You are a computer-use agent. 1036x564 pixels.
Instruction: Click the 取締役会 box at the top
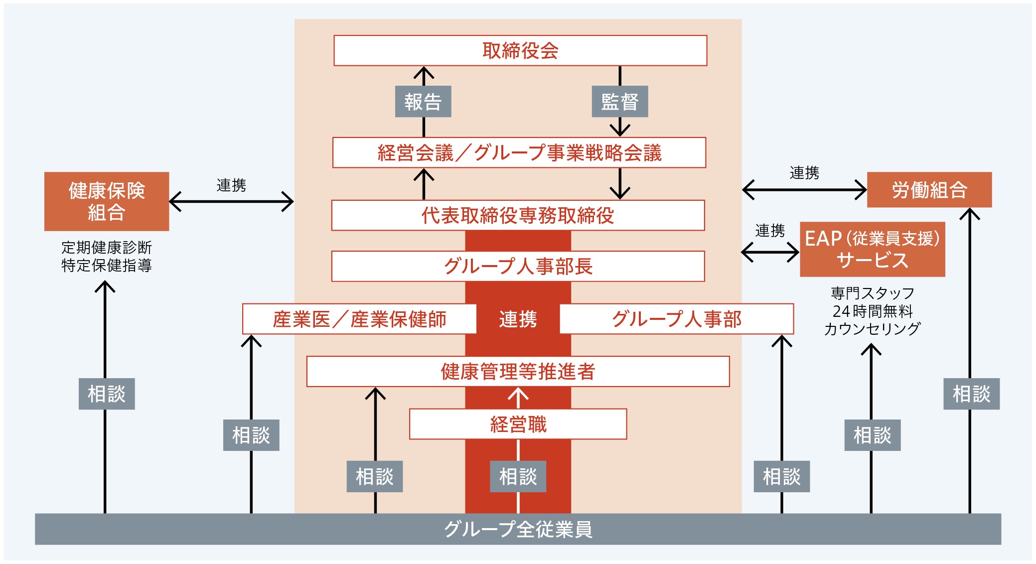point(520,50)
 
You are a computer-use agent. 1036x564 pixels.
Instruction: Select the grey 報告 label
point(423,102)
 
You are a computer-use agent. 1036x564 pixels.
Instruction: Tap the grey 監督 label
point(619,102)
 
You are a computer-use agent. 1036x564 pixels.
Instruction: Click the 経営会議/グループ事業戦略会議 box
point(519,152)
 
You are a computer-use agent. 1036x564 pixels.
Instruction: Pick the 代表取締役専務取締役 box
point(518,215)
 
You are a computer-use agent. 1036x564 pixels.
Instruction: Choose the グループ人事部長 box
point(518,266)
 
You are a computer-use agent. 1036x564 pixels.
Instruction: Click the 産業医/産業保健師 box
point(359,319)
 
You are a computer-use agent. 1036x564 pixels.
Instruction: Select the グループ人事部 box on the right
point(676,319)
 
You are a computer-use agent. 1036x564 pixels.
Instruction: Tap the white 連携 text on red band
point(518,319)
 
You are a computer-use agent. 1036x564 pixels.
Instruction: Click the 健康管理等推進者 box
point(518,371)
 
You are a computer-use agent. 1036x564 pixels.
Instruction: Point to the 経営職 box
point(518,424)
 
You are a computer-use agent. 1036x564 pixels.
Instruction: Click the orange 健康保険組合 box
point(107,201)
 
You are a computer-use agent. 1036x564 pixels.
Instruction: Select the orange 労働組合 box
point(929,190)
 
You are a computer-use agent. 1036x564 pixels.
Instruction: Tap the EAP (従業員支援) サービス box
point(872,249)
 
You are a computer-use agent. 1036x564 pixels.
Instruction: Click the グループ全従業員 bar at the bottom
point(518,529)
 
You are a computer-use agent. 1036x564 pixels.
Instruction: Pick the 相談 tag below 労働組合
point(971,394)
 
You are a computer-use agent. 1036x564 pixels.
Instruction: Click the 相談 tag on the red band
point(518,476)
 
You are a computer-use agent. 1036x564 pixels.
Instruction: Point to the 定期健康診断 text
point(107,247)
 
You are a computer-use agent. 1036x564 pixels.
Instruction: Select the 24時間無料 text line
point(872,311)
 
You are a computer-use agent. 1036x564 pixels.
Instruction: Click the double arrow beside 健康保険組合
point(231,202)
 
